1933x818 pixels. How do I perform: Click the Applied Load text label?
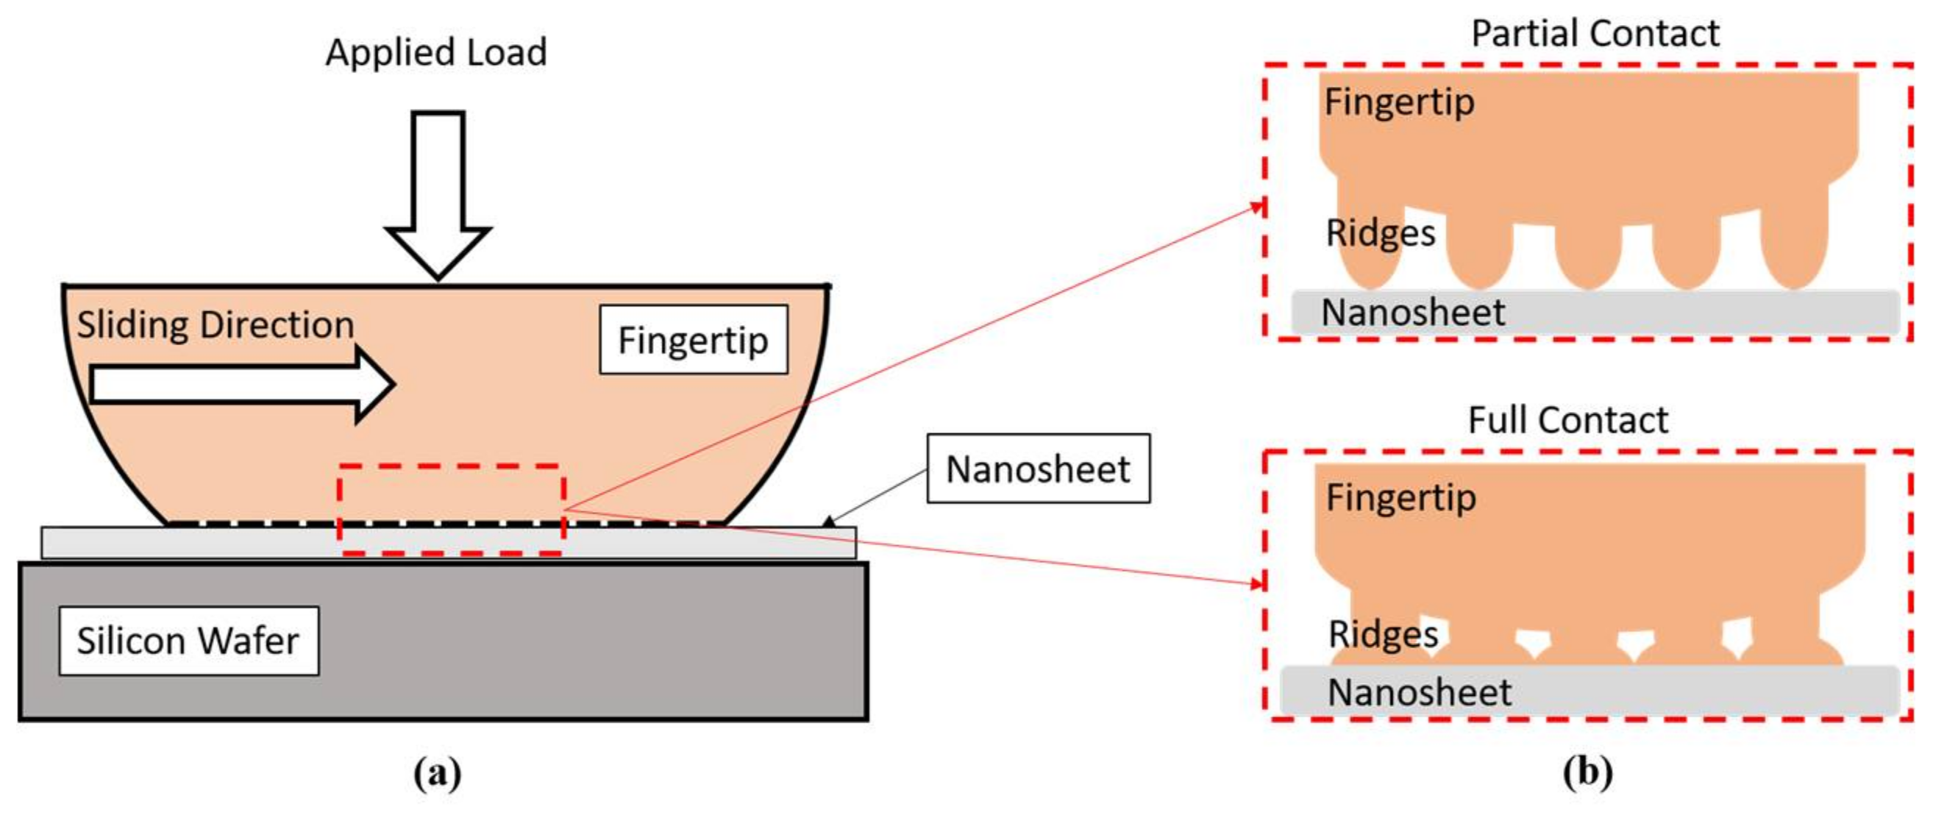436,52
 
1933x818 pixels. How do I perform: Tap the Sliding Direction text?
216,325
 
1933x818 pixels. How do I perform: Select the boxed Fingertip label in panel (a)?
694,339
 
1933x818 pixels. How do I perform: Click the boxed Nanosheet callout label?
1038,469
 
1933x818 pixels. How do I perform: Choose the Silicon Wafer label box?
188,641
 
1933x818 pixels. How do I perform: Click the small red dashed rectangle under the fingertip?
450,511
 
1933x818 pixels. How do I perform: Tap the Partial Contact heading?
1595,34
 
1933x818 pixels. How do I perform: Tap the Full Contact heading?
1567,419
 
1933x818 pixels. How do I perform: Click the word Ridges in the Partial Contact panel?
1380,232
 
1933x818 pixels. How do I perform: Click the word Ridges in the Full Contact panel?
1383,634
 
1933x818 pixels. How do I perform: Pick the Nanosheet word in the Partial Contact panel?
1412,312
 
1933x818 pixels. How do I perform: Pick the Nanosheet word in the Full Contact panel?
1419,692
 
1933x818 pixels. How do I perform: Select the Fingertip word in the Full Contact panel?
1401,497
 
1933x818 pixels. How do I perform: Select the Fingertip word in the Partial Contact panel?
1400,102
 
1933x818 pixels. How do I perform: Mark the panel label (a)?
438,773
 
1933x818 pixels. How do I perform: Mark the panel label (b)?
1588,773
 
